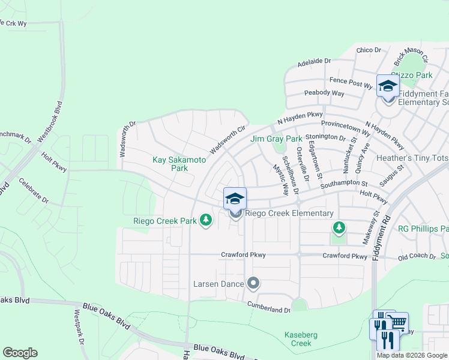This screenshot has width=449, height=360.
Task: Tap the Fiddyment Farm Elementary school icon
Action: pyautogui.click(x=388, y=86)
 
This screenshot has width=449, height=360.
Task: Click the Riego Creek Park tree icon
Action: pyautogui.click(x=206, y=221)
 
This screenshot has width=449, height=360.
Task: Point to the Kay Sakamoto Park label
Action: pyautogui.click(x=179, y=164)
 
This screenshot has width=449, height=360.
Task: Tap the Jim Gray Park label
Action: pyautogui.click(x=276, y=139)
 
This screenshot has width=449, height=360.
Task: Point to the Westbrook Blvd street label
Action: pyautogui.click(x=50, y=125)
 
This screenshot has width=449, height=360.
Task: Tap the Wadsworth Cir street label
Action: pyautogui.click(x=228, y=139)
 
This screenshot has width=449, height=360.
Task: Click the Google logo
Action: pyautogui.click(x=20, y=353)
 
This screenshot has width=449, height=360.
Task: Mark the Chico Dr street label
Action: pyautogui.click(x=369, y=50)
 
